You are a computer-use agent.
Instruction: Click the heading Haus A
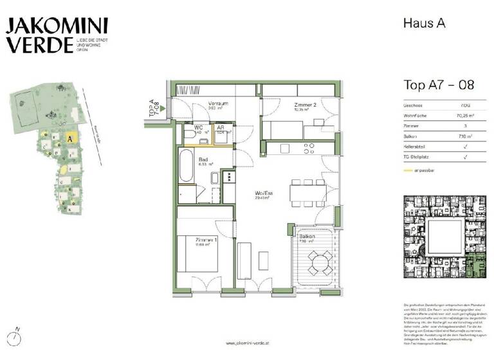pyautogui.click(x=424, y=23)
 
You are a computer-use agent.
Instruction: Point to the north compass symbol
pyautogui.click(x=17, y=335)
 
